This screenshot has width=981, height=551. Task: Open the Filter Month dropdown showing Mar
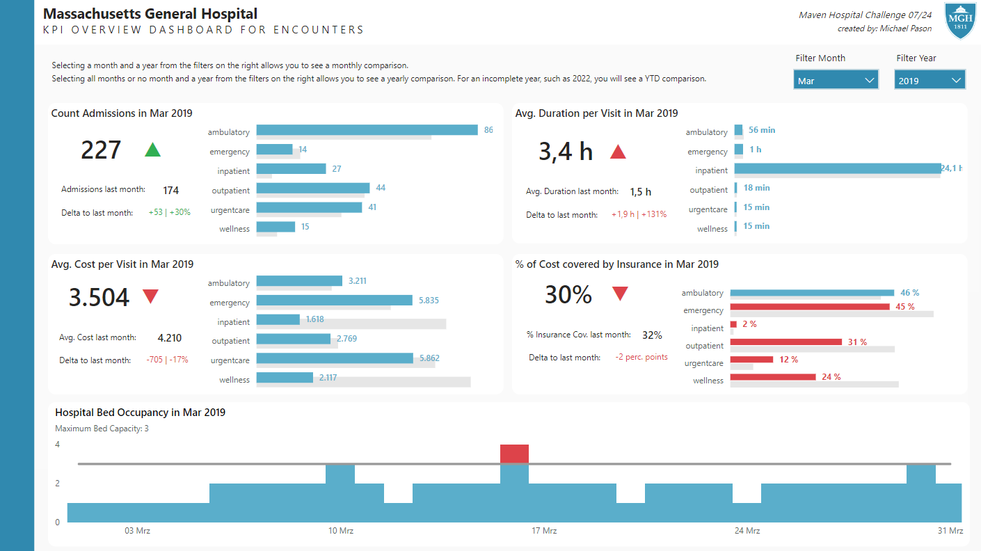836,81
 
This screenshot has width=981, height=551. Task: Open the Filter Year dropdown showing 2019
930,81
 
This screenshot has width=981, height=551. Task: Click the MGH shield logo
961,21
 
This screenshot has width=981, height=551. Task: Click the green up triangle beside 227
152,150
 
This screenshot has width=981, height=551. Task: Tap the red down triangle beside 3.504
150,296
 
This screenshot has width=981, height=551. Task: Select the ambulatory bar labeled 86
367,130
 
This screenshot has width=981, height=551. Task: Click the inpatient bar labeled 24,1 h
837,168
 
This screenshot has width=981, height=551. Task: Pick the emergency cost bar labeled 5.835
334,301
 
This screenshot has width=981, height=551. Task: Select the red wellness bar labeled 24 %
772,377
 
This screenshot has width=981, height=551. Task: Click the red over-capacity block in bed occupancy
514,454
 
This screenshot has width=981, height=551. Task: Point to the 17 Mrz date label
544,531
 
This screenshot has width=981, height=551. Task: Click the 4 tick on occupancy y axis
58,445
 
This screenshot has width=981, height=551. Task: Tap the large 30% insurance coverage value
568,295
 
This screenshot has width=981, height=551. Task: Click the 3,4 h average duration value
566,151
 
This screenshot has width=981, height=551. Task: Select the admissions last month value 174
170,190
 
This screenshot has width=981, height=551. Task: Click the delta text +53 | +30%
169,212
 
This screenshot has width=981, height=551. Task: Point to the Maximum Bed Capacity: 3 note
102,429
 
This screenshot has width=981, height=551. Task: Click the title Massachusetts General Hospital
150,14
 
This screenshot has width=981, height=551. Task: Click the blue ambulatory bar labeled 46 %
812,293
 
